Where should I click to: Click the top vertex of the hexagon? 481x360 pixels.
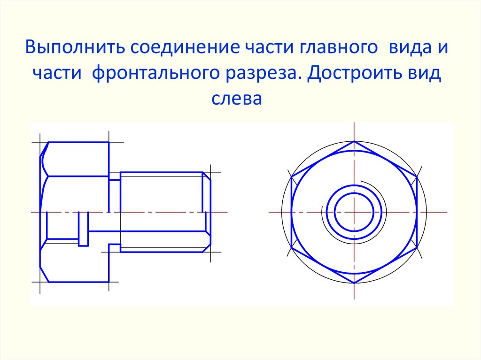354,141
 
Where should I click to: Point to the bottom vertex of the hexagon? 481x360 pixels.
354,283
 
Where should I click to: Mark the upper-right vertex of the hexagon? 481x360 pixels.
417,177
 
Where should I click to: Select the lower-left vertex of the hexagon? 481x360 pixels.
292,247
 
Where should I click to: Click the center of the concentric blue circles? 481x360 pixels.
354,212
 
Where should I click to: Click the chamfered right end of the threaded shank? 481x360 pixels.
207,212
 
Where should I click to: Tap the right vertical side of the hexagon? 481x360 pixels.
417,212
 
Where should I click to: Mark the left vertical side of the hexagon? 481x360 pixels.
292,212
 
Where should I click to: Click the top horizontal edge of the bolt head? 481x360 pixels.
78,142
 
